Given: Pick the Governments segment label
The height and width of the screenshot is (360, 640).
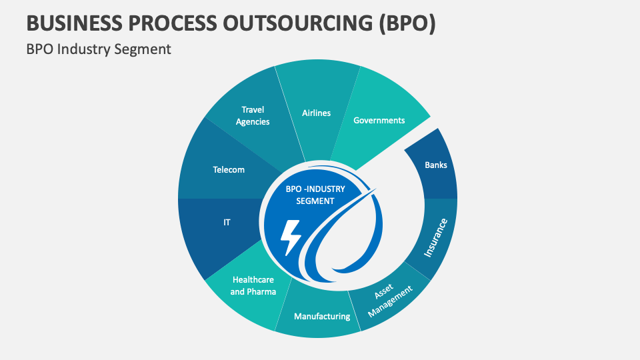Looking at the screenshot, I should pyautogui.click(x=379, y=121).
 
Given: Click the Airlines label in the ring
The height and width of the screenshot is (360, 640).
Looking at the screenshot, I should pyautogui.click(x=316, y=113).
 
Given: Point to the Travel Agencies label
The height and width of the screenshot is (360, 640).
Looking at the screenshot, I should pyautogui.click(x=253, y=116).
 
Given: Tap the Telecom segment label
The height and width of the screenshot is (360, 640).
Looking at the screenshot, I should pyautogui.click(x=229, y=170).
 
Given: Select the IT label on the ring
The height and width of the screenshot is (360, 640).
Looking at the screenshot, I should pyautogui.click(x=227, y=222).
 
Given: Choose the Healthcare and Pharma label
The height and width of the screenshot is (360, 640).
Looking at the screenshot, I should pyautogui.click(x=253, y=286).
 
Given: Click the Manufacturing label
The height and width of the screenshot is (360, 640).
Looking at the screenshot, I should pyautogui.click(x=322, y=316).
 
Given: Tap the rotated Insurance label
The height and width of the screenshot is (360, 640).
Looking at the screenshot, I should pyautogui.click(x=437, y=237).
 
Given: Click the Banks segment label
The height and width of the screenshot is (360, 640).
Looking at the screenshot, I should pyautogui.click(x=436, y=165).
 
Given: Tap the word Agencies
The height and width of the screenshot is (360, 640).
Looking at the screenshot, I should pyautogui.click(x=253, y=122).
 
